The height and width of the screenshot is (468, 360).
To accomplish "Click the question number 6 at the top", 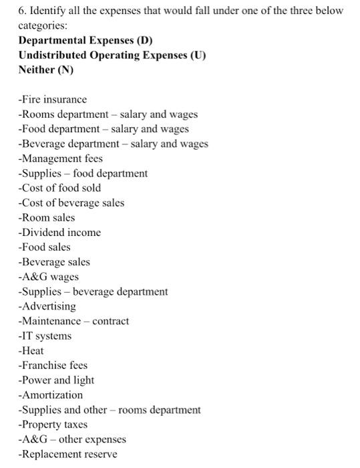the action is tap(21, 11).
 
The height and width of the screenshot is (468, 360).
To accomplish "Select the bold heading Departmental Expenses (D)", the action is tap(85, 40).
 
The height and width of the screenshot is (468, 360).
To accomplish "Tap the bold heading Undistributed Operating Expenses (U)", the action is tap(112, 55).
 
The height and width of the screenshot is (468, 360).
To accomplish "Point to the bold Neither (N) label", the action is tap(46, 70).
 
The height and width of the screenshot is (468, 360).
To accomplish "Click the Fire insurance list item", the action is tap(53, 100).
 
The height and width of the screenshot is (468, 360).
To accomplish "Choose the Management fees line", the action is tap(61, 158).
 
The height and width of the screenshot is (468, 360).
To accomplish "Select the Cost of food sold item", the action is tap(59, 188).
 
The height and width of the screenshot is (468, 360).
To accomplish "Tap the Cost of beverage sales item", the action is tap(71, 203).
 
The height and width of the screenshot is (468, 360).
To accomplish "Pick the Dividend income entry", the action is tap(59, 233).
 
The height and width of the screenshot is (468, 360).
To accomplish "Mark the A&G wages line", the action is tap(49, 277).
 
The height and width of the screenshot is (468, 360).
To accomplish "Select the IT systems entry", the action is tap(45, 336).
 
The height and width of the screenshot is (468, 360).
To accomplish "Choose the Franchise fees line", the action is tap(53, 365).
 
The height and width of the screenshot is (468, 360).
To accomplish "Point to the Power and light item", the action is tap(57, 380).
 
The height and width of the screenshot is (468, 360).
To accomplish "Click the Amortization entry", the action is tap(51, 395).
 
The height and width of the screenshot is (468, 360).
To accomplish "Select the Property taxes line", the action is tap(53, 425).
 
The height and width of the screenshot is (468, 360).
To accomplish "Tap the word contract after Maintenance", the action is tap(111, 321).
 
